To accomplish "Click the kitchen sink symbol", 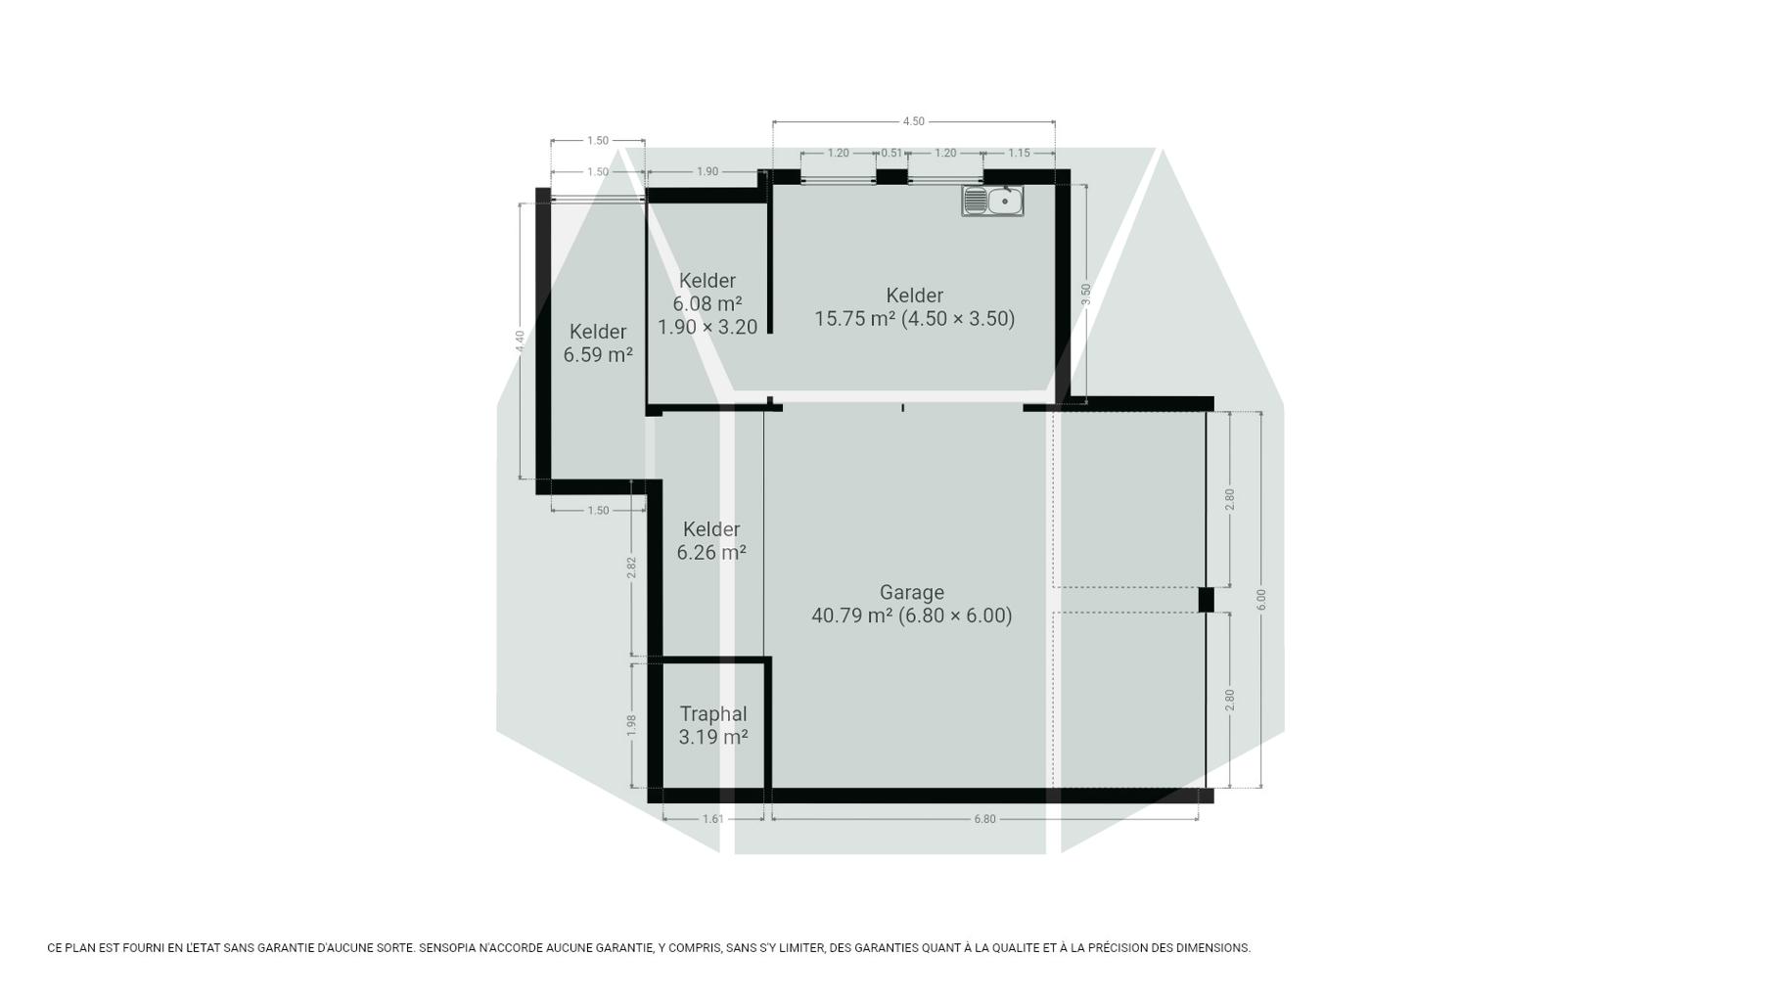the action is pyautogui.click(x=992, y=201).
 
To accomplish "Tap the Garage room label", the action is pyautogui.click(x=912, y=604).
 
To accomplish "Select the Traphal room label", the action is pyautogui.click(x=713, y=726).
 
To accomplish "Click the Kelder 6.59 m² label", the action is pyautogui.click(x=598, y=343).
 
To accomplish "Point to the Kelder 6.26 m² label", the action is pyautogui.click(x=711, y=541).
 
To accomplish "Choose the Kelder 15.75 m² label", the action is pyautogui.click(x=915, y=307).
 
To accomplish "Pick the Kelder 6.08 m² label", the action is pyautogui.click(x=708, y=303).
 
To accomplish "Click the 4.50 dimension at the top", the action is pyautogui.click(x=913, y=121).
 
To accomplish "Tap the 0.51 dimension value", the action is pyautogui.click(x=891, y=153).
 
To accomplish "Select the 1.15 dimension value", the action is pyautogui.click(x=1019, y=153).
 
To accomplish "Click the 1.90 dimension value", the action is pyautogui.click(x=708, y=171).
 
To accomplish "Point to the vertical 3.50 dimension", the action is pyautogui.click(x=1085, y=295).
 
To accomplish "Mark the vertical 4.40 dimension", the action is pyautogui.click(x=521, y=342).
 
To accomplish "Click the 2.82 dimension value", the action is pyautogui.click(x=631, y=569).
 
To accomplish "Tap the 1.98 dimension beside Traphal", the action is pyautogui.click(x=631, y=725).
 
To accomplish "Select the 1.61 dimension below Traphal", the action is pyautogui.click(x=713, y=819).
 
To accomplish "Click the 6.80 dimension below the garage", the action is pyautogui.click(x=984, y=819).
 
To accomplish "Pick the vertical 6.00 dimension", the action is pyautogui.click(x=1261, y=600).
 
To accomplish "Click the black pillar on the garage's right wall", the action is pyautogui.click(x=1207, y=600).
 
